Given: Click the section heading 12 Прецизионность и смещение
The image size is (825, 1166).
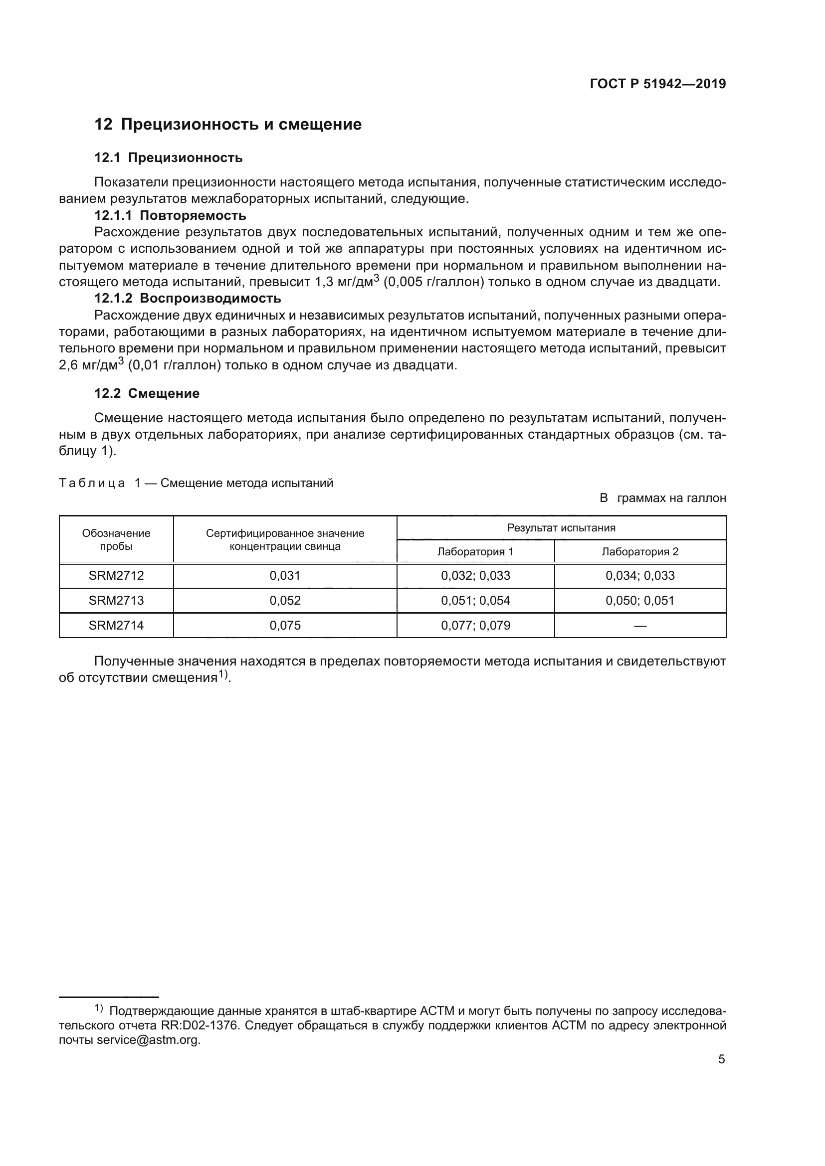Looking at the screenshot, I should tap(228, 125).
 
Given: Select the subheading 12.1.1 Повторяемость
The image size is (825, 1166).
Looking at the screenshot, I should tap(170, 215).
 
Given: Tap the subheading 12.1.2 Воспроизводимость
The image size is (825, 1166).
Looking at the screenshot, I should tap(188, 298).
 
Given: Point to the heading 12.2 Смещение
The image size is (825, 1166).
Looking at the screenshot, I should tap(147, 393).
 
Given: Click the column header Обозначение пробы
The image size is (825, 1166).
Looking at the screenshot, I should tap(116, 539).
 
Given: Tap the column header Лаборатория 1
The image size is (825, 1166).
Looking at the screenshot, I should tap(475, 551).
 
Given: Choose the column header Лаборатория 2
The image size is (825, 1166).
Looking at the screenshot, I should tap(639, 551).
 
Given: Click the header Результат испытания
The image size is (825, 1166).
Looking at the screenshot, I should tap(561, 527).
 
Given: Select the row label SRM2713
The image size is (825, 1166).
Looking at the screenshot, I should tap(116, 600).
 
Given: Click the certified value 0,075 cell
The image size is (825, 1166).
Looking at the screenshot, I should tap(285, 625).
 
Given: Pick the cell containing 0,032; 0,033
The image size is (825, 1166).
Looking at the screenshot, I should tap(475, 575).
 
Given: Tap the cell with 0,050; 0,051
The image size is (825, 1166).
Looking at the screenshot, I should tap(639, 600).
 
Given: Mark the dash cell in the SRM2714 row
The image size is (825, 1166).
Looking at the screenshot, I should tap(639, 626).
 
